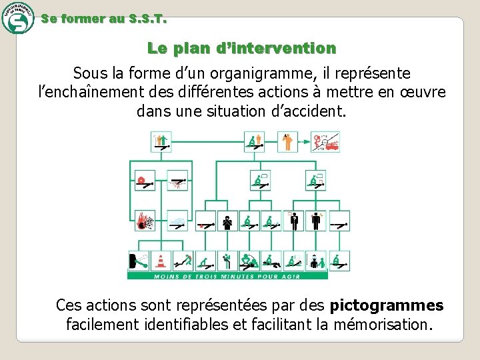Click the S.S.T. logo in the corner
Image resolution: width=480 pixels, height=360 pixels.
[x=17, y=17]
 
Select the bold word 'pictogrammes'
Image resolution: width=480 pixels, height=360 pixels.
[x=387, y=305]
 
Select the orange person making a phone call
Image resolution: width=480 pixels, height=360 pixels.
[x=288, y=141]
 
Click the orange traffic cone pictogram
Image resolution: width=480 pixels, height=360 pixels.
[x=161, y=261]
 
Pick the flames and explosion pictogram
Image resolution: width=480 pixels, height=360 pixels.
[x=144, y=220]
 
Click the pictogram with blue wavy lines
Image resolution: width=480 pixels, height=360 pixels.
[x=177, y=220]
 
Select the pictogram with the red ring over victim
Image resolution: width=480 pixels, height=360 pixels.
[x=144, y=180]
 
